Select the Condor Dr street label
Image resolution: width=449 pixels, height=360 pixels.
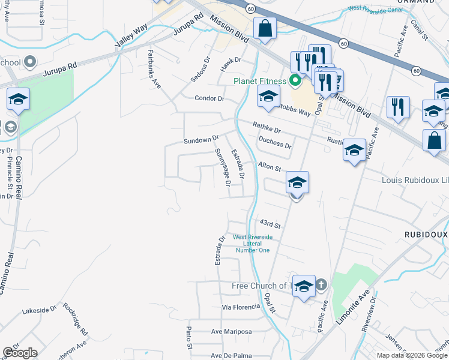(x=209, y=98)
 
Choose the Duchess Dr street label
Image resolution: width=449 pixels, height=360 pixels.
(x=275, y=142)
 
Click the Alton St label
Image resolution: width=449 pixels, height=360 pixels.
(x=270, y=166)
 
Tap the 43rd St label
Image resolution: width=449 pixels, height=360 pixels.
(x=270, y=224)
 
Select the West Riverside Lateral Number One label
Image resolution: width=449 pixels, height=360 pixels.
(x=252, y=243)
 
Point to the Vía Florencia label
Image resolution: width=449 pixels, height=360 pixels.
(x=241, y=307)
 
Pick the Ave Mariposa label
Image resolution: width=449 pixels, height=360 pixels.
(x=231, y=332)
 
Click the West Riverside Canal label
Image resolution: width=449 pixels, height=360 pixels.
(x=374, y=9)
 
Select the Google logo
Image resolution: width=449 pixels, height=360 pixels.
(x=20, y=353)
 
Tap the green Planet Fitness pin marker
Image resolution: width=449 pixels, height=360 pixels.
(x=295, y=80)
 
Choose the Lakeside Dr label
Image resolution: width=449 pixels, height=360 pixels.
(x=39, y=311)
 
